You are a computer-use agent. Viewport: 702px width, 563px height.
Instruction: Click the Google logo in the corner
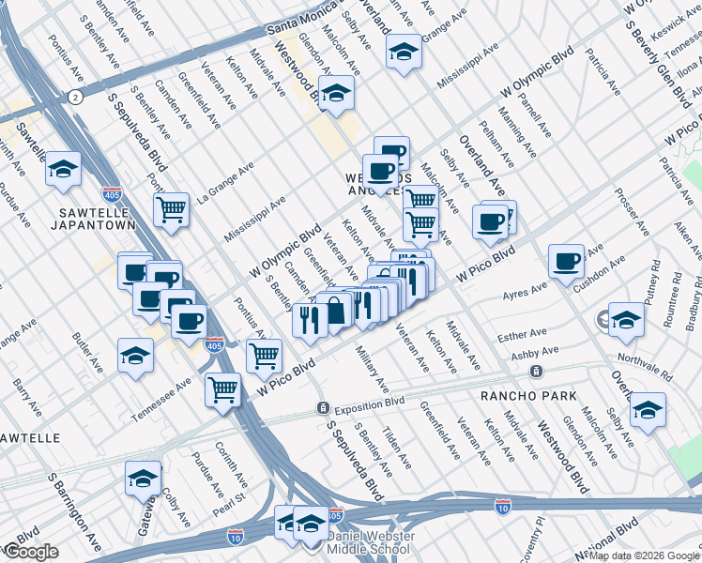[x=31, y=552]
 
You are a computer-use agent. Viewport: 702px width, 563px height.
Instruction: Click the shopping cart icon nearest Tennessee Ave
[x=222, y=388]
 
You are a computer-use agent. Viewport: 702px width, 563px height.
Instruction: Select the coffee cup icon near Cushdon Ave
[x=566, y=261]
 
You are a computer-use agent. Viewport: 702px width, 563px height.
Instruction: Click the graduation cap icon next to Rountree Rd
[x=626, y=320]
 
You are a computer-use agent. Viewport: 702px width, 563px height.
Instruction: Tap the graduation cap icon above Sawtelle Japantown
[x=63, y=169]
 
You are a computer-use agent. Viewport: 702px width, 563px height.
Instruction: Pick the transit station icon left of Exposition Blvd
[x=322, y=409]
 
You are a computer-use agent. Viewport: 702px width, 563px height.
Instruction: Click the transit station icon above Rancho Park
[x=534, y=372]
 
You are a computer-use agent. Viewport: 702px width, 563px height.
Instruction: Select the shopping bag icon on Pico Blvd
[x=335, y=309]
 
